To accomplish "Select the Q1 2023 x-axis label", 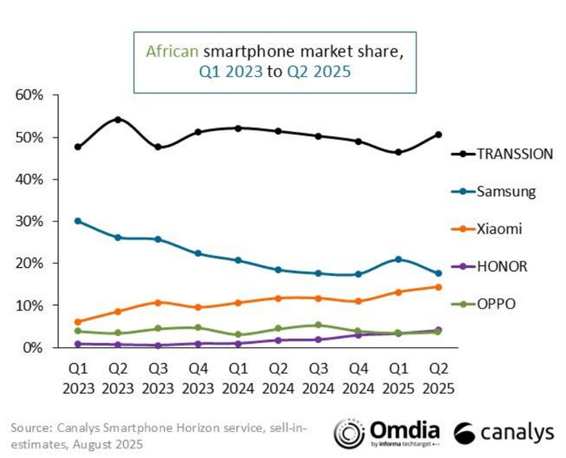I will tap(77, 378).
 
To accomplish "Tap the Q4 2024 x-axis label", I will tap(358, 378).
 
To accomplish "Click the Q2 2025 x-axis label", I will tap(437, 378).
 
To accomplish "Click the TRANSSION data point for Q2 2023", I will tap(117, 120).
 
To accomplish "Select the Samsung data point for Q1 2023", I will tap(78, 221).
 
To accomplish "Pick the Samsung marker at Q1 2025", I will tap(398, 259).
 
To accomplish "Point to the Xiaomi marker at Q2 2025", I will tap(437, 286).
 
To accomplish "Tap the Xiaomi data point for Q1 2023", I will tap(78, 322).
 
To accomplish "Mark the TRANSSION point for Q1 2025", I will tap(398, 152).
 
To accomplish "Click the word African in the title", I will tap(171, 51).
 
